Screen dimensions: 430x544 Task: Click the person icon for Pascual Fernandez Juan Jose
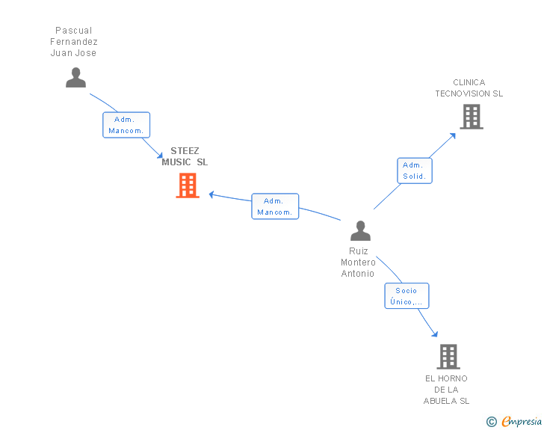coord(75,78)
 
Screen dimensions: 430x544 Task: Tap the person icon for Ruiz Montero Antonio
coord(360,231)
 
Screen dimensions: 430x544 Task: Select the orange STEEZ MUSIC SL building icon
coord(187,185)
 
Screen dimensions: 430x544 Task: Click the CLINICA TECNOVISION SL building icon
coord(471,117)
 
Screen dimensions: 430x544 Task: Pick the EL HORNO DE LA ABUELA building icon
coord(448,357)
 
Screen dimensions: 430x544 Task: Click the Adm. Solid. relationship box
coord(414,171)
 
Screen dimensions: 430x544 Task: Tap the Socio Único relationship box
coord(407,296)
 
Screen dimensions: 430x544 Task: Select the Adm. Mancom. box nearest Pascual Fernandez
coord(126,125)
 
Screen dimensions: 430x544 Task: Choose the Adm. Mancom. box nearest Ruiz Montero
coord(274,206)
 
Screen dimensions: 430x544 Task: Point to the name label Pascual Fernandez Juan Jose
coord(74,42)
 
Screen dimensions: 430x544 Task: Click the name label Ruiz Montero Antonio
coord(358,262)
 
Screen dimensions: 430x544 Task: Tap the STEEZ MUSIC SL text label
coord(185,156)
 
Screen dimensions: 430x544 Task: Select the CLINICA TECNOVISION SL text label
coord(469,88)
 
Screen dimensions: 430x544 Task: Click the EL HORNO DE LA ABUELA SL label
coord(446,390)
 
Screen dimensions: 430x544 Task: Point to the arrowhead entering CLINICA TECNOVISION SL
coord(453,135)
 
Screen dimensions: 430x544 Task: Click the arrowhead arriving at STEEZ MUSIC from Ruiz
coord(212,194)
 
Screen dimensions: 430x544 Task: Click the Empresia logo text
coord(522,422)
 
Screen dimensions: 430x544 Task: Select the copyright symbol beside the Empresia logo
coord(491,422)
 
